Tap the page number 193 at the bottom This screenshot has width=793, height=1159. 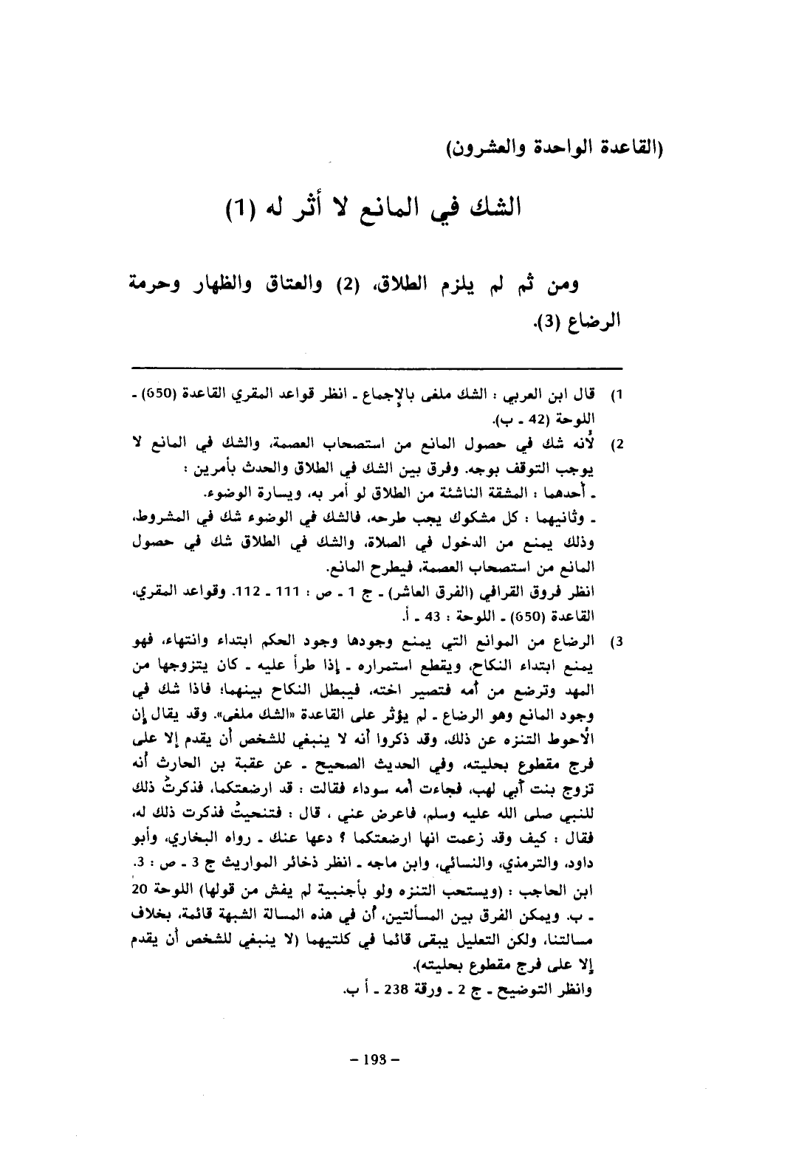(x=374, y=1061)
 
